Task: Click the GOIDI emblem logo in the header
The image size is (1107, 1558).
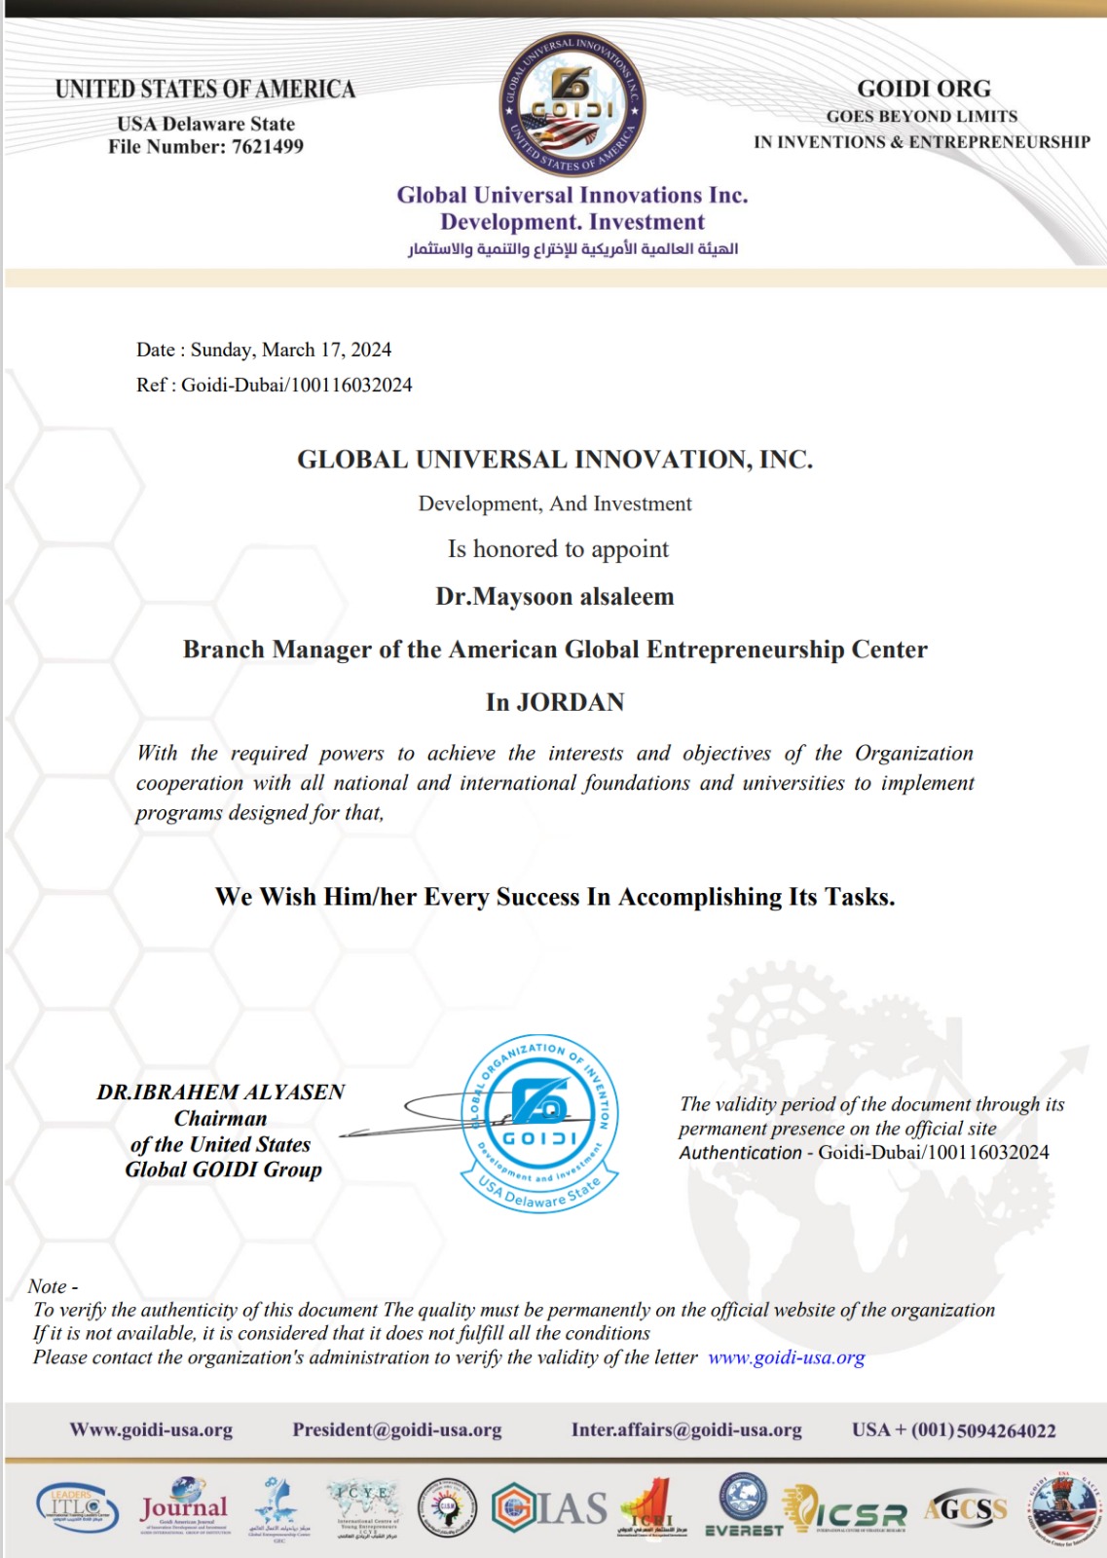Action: [x=572, y=105]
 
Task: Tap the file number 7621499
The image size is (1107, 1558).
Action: [x=268, y=147]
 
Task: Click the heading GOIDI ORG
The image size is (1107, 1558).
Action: [x=923, y=89]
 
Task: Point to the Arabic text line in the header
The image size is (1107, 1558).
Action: [x=572, y=249]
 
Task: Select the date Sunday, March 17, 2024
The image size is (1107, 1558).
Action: [x=291, y=350]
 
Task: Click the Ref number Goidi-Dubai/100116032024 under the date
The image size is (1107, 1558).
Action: [x=296, y=385]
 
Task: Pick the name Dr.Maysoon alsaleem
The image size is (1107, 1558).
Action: [x=554, y=596]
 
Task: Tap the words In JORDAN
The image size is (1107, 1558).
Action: [x=555, y=702]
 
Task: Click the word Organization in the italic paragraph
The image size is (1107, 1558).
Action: [x=913, y=753]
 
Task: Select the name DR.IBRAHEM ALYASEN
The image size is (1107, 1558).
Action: [x=221, y=1092]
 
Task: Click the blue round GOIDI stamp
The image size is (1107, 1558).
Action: [x=539, y=1122]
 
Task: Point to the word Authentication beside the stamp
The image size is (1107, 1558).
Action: [x=740, y=1153]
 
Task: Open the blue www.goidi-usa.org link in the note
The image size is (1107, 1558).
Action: [x=786, y=1357]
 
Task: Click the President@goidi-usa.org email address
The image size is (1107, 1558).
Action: [x=397, y=1429]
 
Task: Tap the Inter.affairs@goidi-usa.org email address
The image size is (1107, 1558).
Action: [x=686, y=1429]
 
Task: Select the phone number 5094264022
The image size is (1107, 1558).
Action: [x=1007, y=1430]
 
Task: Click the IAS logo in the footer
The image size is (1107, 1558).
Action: [x=550, y=1508]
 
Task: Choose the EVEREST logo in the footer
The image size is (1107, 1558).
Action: [x=744, y=1505]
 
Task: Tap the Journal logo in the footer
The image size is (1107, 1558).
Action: [x=184, y=1506]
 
